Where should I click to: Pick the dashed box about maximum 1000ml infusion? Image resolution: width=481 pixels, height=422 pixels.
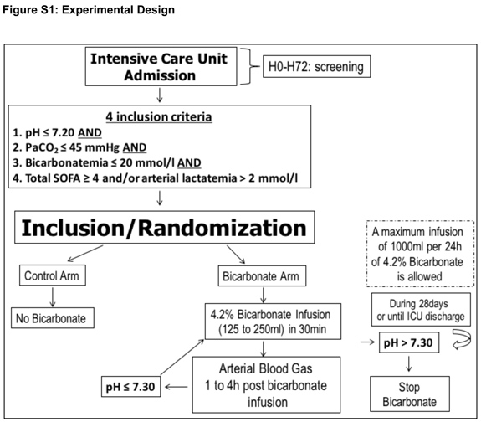click(x=415, y=255)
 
